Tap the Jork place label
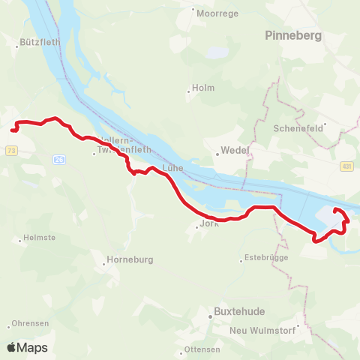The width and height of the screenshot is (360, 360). (x=208, y=224)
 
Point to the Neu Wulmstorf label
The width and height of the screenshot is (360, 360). (x=268, y=328)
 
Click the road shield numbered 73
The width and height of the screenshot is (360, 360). (x=11, y=151)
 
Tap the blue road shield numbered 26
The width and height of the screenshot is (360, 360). (x=59, y=159)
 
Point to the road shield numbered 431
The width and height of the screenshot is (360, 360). (x=346, y=166)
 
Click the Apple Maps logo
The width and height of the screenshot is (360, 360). (x=28, y=348)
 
